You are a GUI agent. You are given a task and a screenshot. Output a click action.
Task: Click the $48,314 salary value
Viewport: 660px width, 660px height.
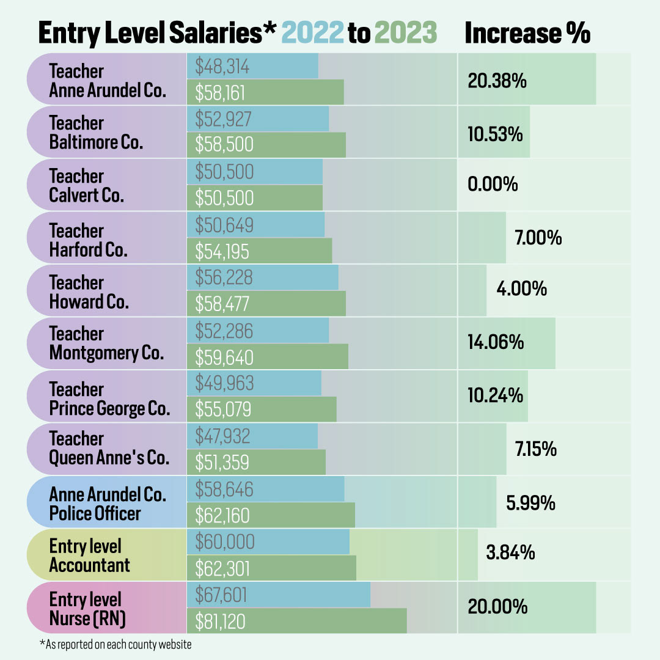[x=222, y=66]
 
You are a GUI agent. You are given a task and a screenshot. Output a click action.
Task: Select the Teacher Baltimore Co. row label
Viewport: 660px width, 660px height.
[x=96, y=133]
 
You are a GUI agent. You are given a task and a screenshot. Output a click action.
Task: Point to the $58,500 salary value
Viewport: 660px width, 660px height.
[x=224, y=145]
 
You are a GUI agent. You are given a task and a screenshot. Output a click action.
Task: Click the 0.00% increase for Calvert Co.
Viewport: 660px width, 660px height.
[x=493, y=184]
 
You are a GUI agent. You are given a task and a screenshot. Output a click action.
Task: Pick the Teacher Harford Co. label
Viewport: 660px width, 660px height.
[x=89, y=240]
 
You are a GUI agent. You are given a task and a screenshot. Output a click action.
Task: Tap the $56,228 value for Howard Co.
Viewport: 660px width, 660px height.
[x=224, y=277]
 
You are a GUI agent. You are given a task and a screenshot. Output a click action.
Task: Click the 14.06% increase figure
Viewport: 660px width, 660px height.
[x=496, y=342]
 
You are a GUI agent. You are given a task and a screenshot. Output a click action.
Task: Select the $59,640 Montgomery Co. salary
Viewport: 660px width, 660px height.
[x=224, y=356]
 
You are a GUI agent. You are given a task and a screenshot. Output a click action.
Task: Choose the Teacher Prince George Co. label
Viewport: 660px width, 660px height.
[x=109, y=398]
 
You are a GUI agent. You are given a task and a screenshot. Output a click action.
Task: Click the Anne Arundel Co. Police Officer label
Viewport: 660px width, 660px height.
[x=108, y=504]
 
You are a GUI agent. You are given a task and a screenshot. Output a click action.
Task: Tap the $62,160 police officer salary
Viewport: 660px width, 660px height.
[x=222, y=516]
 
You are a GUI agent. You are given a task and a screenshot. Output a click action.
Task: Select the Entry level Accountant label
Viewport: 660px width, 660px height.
[x=89, y=555]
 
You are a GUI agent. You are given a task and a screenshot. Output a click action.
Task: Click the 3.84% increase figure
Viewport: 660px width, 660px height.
[x=510, y=553]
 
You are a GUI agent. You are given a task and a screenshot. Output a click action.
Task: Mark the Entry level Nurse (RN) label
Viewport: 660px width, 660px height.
[x=87, y=609]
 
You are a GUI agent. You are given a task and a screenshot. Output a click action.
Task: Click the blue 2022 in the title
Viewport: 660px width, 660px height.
[x=313, y=33]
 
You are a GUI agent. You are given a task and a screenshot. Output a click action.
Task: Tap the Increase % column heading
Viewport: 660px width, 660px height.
[x=527, y=33]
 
